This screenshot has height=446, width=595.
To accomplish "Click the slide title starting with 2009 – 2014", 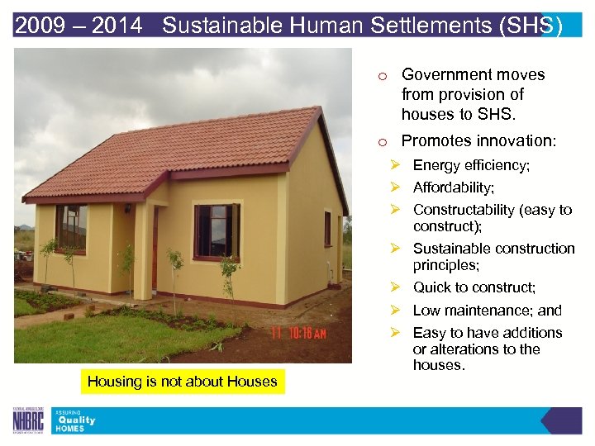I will point(288,26).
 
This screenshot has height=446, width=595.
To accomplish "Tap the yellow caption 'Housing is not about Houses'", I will point(183,381).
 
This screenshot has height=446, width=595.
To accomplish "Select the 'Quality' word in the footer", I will point(75,420).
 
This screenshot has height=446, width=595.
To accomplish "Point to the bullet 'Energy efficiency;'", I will point(471,165).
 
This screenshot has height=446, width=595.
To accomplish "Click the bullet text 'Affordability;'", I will point(454,187).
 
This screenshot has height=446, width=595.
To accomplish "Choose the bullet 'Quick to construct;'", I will point(474,287).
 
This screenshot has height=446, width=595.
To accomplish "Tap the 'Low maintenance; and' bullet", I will point(487,311).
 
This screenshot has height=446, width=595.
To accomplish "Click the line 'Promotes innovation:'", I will point(478,141).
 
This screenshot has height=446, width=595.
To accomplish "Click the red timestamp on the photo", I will point(299,333).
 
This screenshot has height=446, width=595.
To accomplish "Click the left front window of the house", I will point(72,228).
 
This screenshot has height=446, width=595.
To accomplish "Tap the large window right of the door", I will point(213,231).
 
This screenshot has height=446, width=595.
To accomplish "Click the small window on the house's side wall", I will point(327,228).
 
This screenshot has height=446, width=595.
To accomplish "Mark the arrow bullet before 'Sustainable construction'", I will point(396,249).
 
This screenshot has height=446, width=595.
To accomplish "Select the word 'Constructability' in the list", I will point(464,210).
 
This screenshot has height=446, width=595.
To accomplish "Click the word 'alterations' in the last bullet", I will point(465,349).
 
